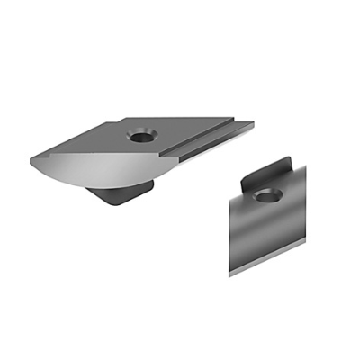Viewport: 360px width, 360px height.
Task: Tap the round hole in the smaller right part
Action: coord(265,195)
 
